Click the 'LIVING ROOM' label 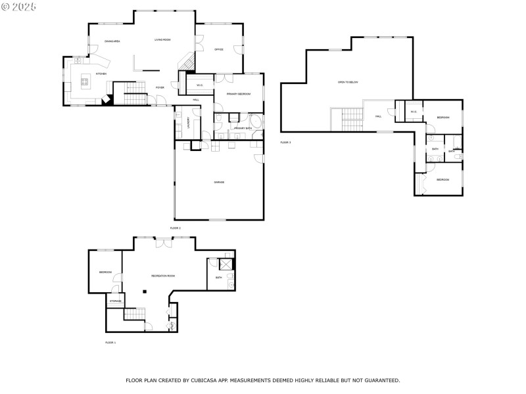162,40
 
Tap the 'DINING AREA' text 112,42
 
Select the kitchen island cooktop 85,82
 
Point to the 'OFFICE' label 219,49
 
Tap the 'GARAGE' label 218,182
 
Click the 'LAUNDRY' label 188,122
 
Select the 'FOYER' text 159,87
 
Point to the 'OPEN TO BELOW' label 347,82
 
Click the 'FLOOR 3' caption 285,142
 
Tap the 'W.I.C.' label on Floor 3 413,112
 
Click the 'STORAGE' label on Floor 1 115,301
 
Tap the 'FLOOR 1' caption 110,342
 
